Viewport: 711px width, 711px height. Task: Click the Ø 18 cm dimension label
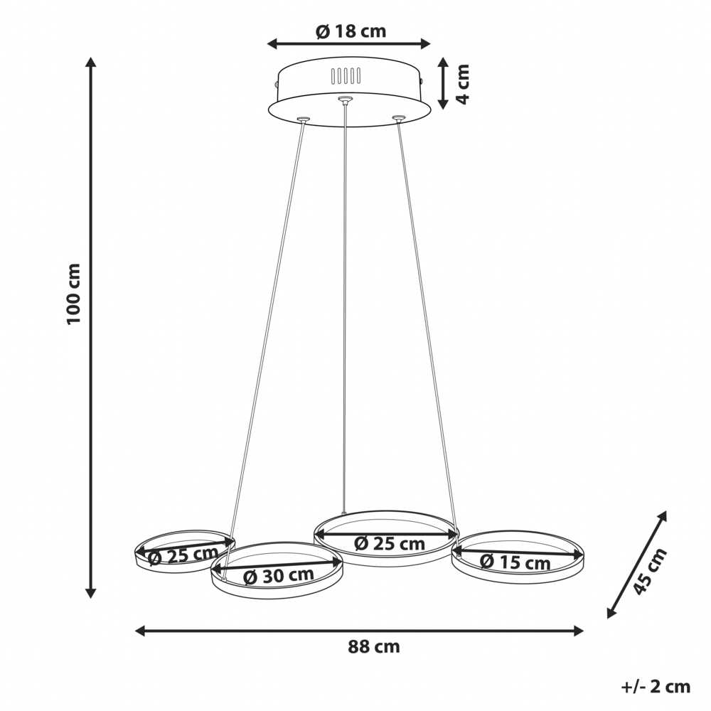pyautogui.click(x=351, y=31)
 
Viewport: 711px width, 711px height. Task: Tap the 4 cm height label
pyautogui.click(x=462, y=84)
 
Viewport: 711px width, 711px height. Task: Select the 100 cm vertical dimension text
pyautogui.click(x=73, y=294)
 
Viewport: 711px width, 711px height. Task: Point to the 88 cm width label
pyautogui.click(x=374, y=646)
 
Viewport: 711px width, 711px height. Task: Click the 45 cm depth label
pyautogui.click(x=649, y=571)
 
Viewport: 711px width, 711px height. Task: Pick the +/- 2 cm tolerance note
pyautogui.click(x=656, y=687)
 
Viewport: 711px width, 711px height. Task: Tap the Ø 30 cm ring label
pyautogui.click(x=279, y=575)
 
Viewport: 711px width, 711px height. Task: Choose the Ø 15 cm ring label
pyautogui.click(x=515, y=562)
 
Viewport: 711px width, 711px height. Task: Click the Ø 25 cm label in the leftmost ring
pyautogui.click(x=183, y=555)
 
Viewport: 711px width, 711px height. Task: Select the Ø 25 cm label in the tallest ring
pyautogui.click(x=390, y=543)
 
